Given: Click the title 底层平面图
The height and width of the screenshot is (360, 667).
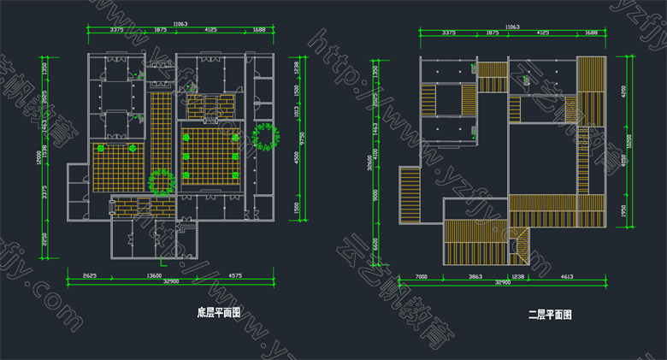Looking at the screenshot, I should pyautogui.click(x=219, y=314).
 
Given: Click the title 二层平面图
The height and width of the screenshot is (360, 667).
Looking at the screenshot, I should pyautogui.click(x=550, y=315).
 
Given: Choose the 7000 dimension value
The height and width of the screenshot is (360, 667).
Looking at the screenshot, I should pyautogui.click(x=422, y=277).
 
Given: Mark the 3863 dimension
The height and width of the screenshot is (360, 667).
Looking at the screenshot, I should pyautogui.click(x=475, y=277).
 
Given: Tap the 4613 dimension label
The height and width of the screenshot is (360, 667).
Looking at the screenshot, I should pyautogui.click(x=566, y=277).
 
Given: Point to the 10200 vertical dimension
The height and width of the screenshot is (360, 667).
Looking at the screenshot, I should pyautogui.click(x=630, y=141).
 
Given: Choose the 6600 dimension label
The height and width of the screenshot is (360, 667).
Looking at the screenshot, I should pyautogui.click(x=376, y=244).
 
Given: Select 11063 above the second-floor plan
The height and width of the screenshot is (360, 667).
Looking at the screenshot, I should pyautogui.click(x=512, y=27).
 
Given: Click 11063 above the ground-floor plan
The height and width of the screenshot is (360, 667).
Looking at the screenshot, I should pyautogui.click(x=180, y=25).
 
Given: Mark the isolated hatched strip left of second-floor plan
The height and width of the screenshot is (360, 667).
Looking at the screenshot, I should pyautogui.click(x=409, y=196).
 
